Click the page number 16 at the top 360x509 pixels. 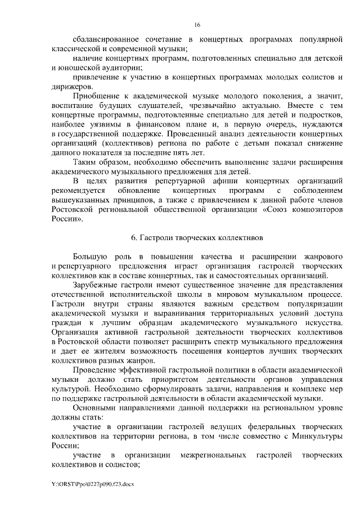tap(197, 25)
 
